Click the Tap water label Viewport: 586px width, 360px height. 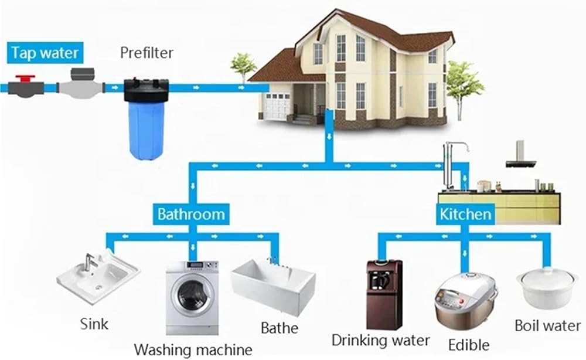45,53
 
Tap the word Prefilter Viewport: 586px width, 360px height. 146,53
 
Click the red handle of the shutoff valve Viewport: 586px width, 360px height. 25,79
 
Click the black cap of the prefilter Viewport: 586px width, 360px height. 146,90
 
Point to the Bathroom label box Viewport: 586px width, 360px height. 191,214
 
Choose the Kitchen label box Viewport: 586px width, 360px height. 465,214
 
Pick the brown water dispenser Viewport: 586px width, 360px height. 384,294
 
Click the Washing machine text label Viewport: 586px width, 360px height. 193,350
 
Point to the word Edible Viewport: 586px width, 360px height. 469,345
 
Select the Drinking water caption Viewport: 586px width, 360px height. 380,341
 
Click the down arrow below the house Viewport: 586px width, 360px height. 329,137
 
